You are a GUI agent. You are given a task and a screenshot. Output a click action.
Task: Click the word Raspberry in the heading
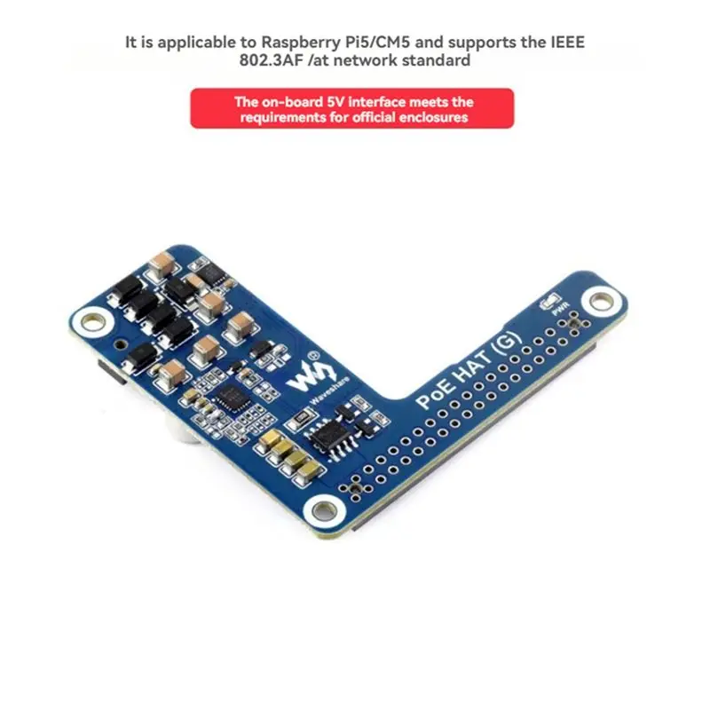(299, 43)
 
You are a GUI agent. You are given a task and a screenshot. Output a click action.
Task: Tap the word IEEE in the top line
(567, 42)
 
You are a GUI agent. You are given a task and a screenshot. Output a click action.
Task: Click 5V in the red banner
(335, 102)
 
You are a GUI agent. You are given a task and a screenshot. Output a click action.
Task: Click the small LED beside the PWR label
(549, 301)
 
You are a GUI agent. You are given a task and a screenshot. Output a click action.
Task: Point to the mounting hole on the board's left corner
(92, 322)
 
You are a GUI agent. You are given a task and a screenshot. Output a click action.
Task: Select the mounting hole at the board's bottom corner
(323, 511)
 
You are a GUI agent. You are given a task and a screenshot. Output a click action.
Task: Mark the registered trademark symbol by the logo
(314, 357)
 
